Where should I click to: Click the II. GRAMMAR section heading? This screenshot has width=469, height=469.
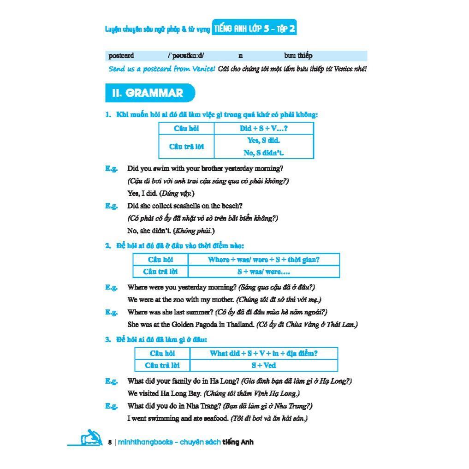[x=148, y=93]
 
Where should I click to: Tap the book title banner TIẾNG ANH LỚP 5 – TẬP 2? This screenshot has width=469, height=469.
[x=254, y=29]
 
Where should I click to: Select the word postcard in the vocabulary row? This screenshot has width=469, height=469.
[x=121, y=56]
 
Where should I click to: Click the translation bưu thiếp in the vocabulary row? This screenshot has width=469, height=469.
[x=298, y=56]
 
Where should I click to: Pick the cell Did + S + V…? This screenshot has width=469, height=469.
[x=264, y=129]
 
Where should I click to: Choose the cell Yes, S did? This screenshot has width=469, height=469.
[x=264, y=141]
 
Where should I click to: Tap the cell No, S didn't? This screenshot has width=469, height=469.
[x=264, y=153]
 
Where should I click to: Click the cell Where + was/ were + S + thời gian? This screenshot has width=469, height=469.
[x=263, y=260]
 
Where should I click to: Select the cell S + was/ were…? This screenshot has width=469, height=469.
[x=263, y=272]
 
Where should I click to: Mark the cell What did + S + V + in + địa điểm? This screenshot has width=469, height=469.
[x=264, y=353]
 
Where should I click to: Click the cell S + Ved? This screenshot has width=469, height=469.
[x=264, y=365]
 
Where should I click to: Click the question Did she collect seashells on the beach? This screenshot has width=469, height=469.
[x=185, y=206]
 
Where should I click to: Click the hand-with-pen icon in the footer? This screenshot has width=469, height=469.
[x=91, y=438]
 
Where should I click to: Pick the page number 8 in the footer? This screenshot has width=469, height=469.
[x=110, y=442]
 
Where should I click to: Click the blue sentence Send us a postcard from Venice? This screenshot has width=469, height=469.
[x=162, y=69]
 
